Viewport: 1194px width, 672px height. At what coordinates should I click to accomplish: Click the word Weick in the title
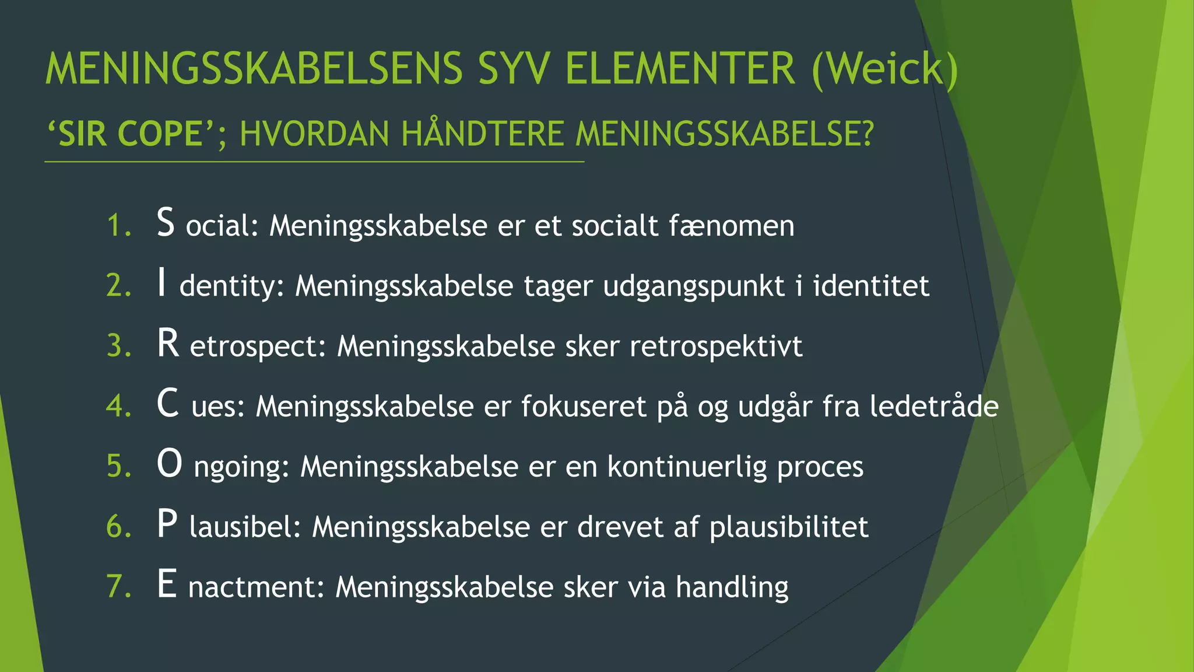[884, 69]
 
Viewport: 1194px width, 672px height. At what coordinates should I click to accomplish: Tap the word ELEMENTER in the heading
[680, 69]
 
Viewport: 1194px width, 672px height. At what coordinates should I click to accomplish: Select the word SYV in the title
[513, 69]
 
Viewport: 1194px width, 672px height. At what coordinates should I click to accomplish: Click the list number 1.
[119, 226]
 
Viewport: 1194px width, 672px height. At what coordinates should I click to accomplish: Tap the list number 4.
[119, 406]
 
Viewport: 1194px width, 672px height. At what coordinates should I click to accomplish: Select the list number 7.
[119, 586]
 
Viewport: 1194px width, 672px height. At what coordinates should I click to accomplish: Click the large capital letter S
[166, 223]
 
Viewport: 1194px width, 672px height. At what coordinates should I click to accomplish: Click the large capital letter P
[167, 524]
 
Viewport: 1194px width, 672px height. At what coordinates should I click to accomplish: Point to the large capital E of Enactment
[167, 584]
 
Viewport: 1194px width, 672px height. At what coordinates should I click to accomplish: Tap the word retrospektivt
[716, 346]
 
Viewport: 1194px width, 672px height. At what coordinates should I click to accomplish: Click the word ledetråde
[934, 406]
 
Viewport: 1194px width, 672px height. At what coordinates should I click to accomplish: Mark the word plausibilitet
[789, 527]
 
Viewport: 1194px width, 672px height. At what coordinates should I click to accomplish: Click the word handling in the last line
[732, 587]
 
